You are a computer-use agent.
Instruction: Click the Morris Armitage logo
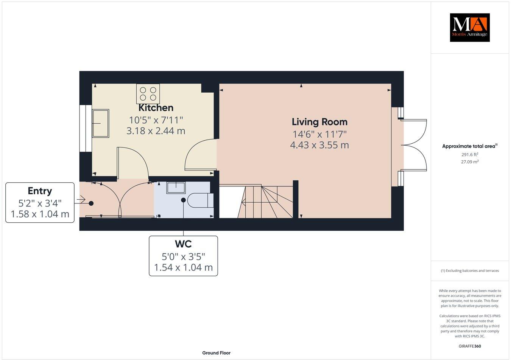(x=469, y=27)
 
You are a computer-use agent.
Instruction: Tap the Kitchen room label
(x=156, y=108)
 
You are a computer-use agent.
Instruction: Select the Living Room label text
(x=319, y=122)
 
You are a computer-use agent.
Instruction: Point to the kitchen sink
(x=100, y=124)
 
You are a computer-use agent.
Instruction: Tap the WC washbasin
(x=176, y=187)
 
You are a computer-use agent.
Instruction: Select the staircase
(x=265, y=201)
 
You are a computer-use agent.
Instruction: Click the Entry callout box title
(x=40, y=191)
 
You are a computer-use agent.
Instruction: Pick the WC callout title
(x=183, y=244)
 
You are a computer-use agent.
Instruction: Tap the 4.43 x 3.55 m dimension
(x=319, y=145)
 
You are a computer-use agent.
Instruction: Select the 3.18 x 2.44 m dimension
(x=156, y=131)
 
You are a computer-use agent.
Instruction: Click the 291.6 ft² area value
(x=469, y=154)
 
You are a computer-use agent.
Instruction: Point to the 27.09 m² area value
(x=469, y=161)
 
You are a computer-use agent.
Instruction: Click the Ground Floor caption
(x=216, y=353)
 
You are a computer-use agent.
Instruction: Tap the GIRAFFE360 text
(x=470, y=346)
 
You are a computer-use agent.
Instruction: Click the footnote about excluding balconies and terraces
(x=470, y=271)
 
